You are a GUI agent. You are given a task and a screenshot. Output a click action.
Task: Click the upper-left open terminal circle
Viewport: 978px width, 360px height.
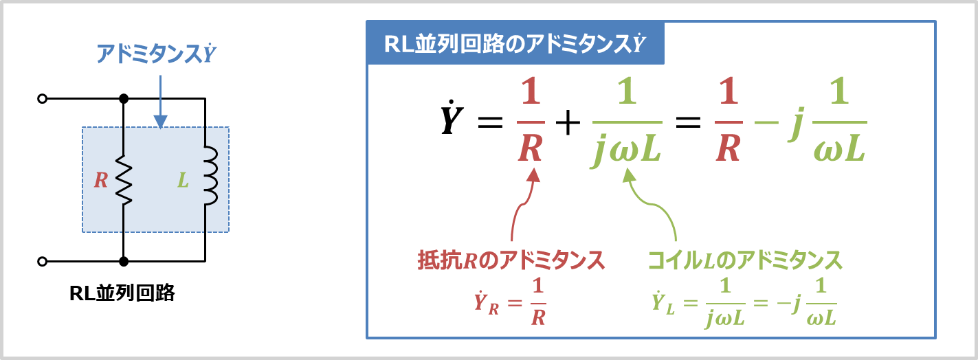42,99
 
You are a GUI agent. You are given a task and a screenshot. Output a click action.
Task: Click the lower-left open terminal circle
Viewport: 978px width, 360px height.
42,261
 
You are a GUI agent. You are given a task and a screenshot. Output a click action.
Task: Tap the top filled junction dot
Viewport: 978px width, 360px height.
124,99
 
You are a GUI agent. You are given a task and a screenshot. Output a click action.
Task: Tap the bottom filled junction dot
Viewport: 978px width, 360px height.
124,261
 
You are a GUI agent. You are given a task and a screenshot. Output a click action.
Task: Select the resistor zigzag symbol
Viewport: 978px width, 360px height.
124,179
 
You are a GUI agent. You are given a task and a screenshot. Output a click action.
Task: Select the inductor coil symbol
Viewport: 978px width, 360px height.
210,175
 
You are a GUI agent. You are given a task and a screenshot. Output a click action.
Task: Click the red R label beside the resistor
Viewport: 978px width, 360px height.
101,180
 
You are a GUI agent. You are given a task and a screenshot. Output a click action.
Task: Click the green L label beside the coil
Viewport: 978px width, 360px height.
183,180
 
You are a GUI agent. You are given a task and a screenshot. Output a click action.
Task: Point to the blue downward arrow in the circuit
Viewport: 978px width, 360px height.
160,102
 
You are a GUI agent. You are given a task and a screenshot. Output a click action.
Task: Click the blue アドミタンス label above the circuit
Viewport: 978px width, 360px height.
156,54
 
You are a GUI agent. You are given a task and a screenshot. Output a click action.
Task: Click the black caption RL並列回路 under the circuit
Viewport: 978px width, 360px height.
122,293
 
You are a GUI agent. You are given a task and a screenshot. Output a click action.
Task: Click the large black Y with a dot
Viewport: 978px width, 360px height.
451,117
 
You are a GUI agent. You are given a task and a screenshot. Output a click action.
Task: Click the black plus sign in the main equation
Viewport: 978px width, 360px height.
568,122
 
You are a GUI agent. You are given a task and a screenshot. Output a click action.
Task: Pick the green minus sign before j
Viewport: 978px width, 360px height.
767,122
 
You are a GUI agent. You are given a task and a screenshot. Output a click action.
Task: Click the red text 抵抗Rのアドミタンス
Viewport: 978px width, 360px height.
511,260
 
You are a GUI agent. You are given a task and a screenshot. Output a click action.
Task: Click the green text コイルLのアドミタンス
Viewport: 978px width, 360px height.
745,260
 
